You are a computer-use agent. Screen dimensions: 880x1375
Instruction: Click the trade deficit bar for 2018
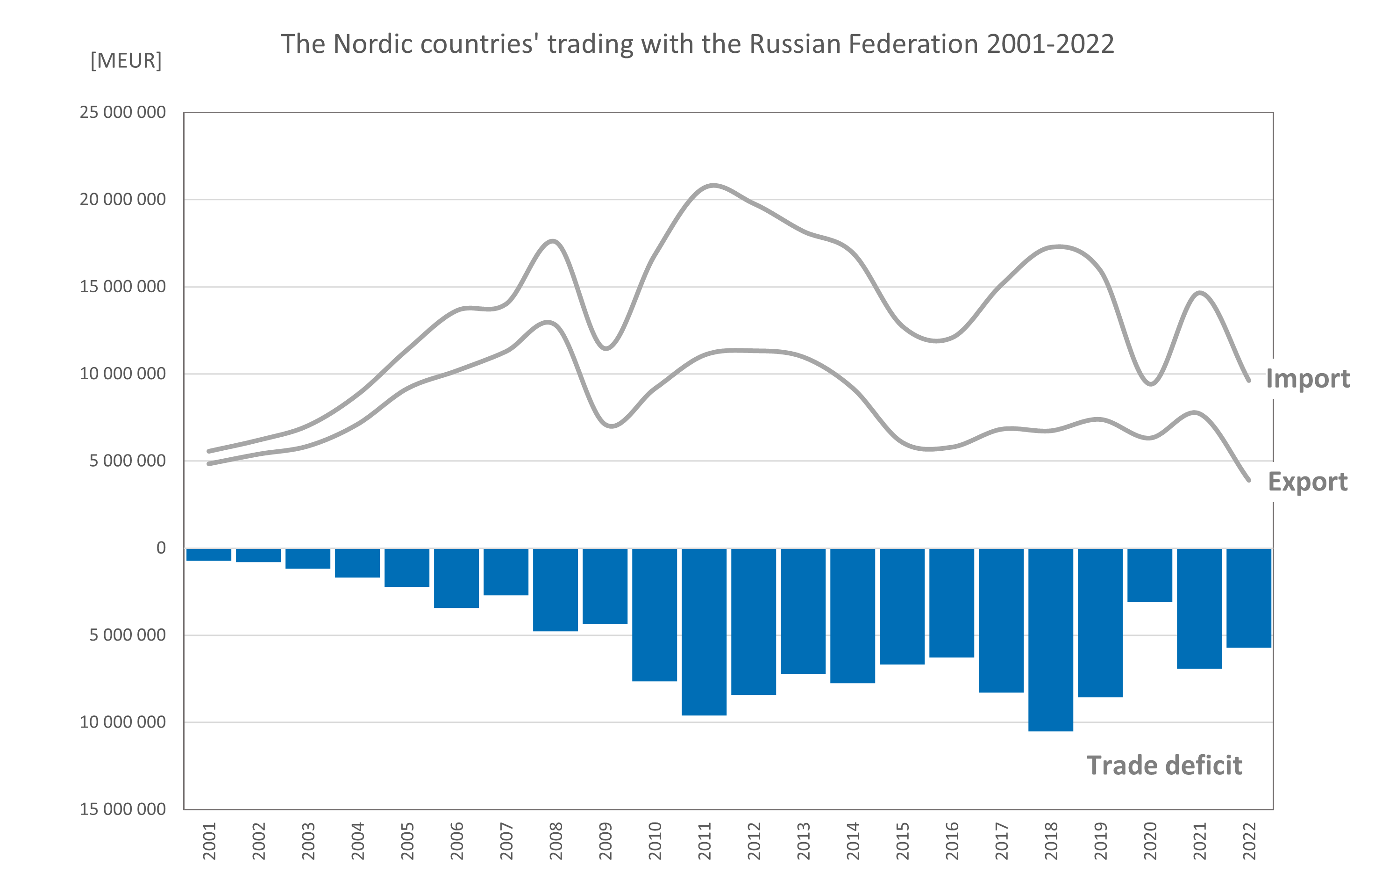[1051, 640]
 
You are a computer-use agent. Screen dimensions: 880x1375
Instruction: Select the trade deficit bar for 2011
[704, 631]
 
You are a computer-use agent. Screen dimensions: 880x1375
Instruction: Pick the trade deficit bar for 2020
[1150, 575]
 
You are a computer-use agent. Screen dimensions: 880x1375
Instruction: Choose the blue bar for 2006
[456, 578]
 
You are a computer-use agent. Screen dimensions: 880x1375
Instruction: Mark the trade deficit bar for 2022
[1249, 598]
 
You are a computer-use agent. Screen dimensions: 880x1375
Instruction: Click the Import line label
[1308, 379]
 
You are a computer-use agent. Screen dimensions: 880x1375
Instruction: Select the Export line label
[1308, 482]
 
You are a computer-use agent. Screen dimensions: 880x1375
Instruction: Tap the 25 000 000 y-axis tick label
[123, 113]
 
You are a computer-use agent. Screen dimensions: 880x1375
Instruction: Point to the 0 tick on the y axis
[161, 548]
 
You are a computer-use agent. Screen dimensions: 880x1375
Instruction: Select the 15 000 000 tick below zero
[123, 809]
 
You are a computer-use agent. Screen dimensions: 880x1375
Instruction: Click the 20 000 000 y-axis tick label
[123, 200]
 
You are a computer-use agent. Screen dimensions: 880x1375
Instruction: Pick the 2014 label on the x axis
[853, 841]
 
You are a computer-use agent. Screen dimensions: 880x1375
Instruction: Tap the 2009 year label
[606, 841]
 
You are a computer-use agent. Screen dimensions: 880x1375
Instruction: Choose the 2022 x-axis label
[1249, 841]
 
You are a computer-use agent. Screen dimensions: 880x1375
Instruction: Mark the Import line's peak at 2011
[712, 185]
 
